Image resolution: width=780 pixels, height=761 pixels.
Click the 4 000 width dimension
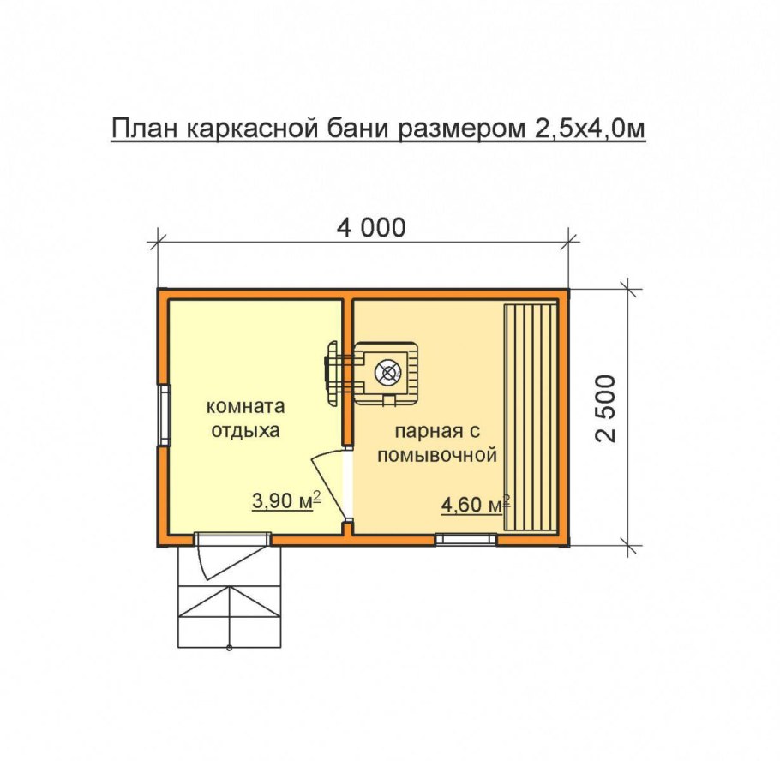tap(369, 228)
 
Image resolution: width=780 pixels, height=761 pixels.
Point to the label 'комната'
tap(246, 406)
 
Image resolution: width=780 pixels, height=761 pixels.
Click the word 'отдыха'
tap(246, 430)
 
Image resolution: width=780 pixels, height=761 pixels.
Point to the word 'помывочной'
tap(437, 455)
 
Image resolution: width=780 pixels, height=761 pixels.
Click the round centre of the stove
tap(389, 373)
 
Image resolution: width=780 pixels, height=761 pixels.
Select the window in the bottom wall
tap(465, 540)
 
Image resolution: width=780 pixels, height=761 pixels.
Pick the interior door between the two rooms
tap(334, 484)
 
